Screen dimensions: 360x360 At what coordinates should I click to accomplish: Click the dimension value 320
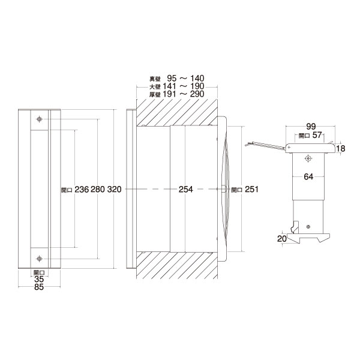[x=114, y=190]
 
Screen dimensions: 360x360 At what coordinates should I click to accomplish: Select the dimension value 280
[x=98, y=190]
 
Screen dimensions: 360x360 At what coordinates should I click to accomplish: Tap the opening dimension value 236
[x=82, y=190]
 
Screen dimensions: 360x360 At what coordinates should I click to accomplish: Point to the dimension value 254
[x=186, y=190]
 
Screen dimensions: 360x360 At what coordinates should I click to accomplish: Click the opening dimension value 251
[x=251, y=189]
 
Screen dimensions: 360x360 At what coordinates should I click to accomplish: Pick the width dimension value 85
[x=39, y=287]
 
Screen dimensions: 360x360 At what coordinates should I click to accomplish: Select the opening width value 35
[x=39, y=279]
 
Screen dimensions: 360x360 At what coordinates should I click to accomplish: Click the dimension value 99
[x=311, y=126]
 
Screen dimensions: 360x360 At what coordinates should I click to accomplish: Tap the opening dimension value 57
[x=317, y=135]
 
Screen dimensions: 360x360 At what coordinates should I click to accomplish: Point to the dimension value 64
[x=308, y=176]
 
